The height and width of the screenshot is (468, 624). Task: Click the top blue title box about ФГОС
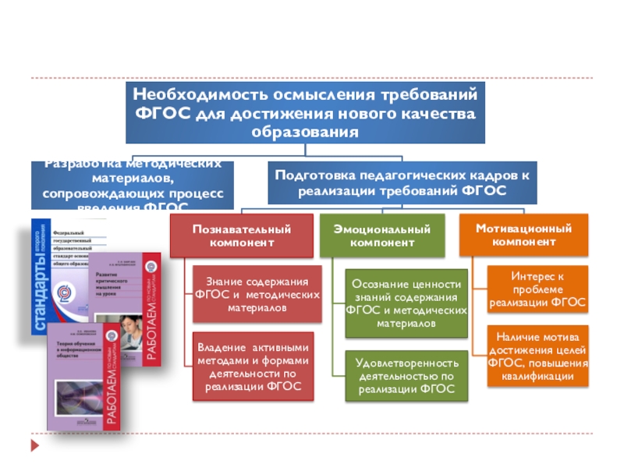[305, 112]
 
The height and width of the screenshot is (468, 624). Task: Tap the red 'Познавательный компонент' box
[241, 236]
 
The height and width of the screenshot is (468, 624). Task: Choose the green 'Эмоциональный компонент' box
[381, 236]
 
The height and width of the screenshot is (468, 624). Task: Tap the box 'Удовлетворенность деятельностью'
[406, 376]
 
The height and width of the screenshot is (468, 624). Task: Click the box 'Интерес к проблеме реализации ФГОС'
[537, 289]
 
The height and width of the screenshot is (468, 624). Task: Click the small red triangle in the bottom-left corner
[33, 447]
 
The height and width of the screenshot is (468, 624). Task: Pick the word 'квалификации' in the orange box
[537, 377]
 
